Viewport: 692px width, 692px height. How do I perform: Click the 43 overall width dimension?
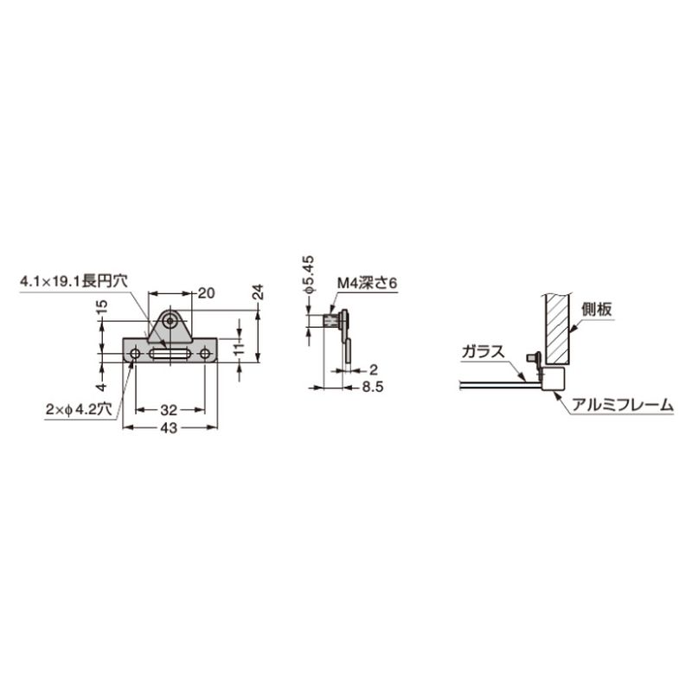point(169,428)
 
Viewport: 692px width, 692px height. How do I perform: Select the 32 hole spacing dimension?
point(169,410)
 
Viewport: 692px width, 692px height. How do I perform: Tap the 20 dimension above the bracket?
point(206,292)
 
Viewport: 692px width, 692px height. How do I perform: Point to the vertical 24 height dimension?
point(259,292)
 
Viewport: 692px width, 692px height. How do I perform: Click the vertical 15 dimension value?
point(102,307)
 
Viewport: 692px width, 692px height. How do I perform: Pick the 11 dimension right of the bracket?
point(239,349)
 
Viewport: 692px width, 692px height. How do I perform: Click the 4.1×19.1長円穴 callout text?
point(74,280)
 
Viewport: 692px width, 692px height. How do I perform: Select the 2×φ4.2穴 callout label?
point(79,409)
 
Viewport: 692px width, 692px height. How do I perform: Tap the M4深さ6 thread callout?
point(367,284)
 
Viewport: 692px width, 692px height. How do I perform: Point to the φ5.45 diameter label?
point(309,274)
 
